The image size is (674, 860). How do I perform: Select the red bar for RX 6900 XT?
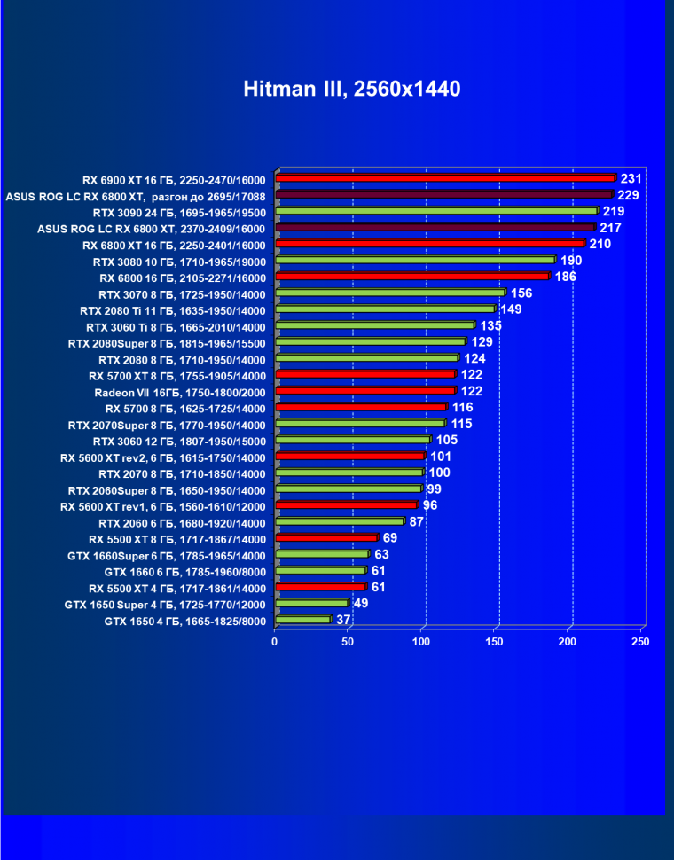pos(445,178)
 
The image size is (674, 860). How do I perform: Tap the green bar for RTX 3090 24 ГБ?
pos(436,211)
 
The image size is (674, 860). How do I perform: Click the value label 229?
pos(629,195)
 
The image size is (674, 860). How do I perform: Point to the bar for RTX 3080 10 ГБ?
pos(415,260)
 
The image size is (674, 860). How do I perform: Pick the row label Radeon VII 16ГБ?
pos(179,392)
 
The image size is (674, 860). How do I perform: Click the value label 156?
pos(521,293)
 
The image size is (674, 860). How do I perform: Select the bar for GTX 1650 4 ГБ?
pos(302,620)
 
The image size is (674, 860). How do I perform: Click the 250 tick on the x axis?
pos(640,641)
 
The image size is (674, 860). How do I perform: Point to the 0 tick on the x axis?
pos(275,641)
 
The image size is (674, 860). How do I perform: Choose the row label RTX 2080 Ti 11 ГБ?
pos(172,310)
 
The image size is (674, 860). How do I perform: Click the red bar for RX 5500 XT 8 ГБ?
pos(326,538)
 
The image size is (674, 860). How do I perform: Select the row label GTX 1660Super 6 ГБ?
pos(166,555)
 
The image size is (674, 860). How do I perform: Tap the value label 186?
pos(566,278)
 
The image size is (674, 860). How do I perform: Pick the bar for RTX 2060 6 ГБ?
pos(340,522)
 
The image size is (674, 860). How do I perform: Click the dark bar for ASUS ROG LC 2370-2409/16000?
pos(435,227)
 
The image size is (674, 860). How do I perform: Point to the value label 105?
pos(447,441)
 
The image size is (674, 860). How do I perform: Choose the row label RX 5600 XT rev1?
pos(162,506)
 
